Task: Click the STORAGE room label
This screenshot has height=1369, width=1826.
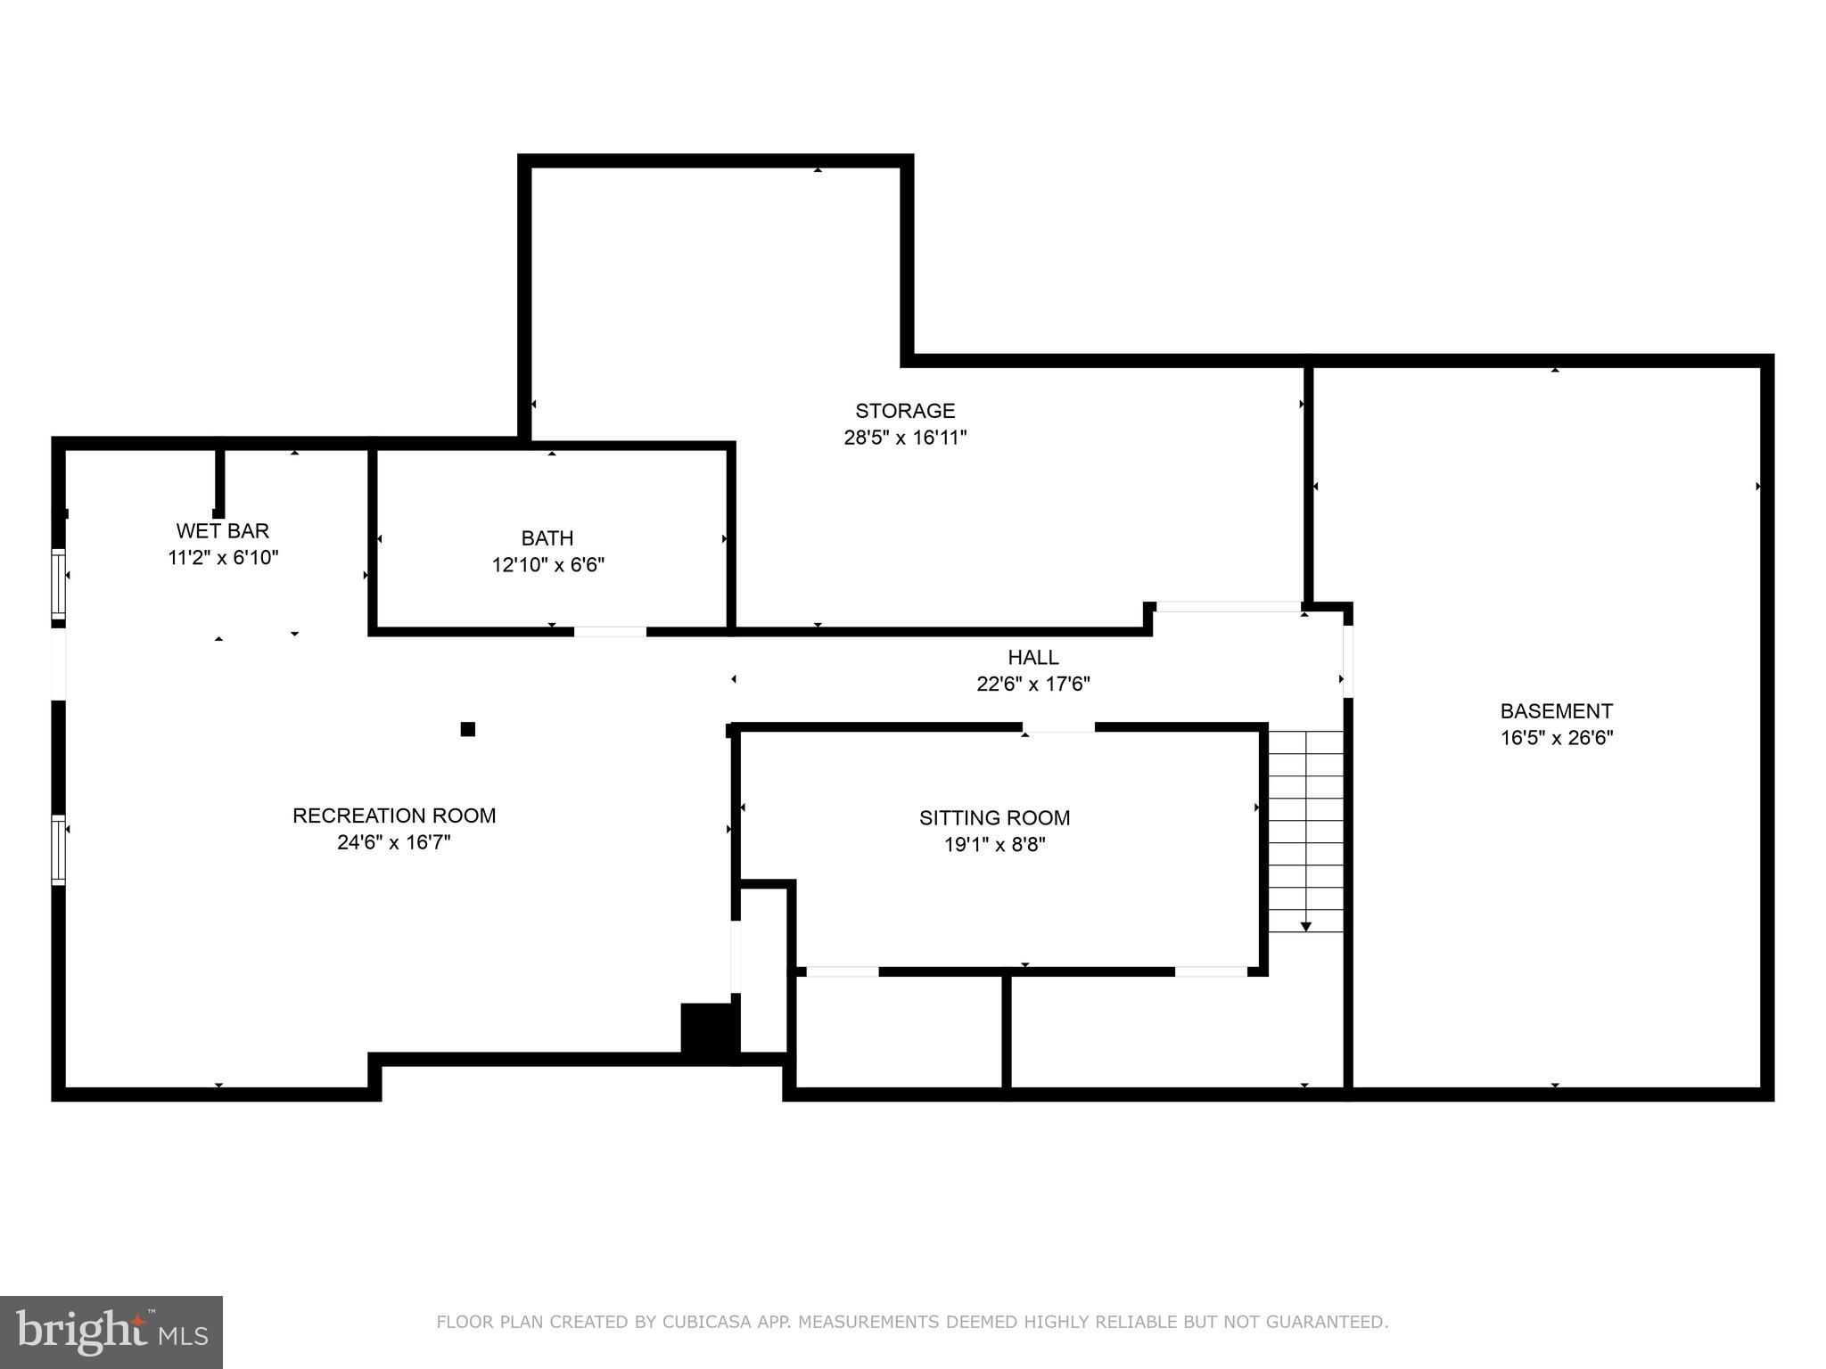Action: [905, 411]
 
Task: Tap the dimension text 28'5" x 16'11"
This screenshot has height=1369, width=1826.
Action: [905, 438]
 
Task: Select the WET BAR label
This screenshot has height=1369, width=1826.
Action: [223, 531]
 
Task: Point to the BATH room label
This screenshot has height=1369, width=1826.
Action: [547, 538]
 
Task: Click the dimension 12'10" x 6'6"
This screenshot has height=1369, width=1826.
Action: [547, 565]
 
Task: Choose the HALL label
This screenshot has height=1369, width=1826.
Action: [1033, 658]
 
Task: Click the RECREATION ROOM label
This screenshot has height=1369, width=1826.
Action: [394, 816]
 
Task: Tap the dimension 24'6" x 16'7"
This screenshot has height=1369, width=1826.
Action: [394, 842]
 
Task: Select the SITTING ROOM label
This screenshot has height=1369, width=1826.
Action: [994, 818]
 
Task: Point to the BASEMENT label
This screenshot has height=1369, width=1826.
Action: [1556, 711]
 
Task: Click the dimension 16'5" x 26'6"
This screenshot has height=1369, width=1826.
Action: [1556, 738]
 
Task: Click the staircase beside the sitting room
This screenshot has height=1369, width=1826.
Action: [1305, 829]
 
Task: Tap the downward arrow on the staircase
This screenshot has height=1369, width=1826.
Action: [1305, 927]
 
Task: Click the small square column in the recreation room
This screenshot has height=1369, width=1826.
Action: [467, 729]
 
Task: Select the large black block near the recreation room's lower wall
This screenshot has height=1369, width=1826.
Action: [709, 1029]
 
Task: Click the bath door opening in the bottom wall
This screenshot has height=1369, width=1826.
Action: [610, 631]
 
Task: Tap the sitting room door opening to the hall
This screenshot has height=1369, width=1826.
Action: [1058, 727]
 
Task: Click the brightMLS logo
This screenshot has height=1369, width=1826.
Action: [111, 1332]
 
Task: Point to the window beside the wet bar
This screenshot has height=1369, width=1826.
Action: [58, 584]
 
